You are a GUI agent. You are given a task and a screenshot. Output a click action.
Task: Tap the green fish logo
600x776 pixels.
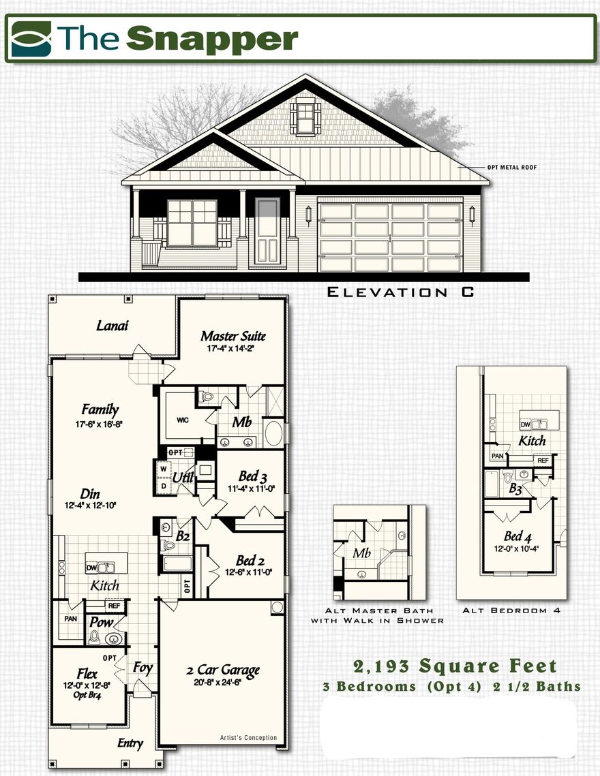(x=31, y=38)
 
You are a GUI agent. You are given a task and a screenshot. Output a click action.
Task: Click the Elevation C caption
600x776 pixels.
(x=400, y=292)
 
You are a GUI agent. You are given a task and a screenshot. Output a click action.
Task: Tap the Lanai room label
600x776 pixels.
(x=112, y=326)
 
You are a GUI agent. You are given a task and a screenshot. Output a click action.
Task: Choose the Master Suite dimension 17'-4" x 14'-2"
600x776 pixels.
(x=232, y=349)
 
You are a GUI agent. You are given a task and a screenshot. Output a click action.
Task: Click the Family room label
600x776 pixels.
(x=100, y=409)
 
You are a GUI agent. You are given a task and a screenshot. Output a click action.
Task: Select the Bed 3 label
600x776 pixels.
(x=252, y=476)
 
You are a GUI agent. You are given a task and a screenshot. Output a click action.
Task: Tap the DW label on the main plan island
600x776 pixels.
(x=92, y=566)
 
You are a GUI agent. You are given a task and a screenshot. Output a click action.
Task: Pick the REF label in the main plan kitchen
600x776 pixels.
(x=114, y=604)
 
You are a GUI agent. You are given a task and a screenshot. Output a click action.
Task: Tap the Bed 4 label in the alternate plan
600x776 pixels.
(x=513, y=536)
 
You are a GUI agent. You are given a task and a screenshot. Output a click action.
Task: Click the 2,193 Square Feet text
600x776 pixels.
(x=455, y=666)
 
